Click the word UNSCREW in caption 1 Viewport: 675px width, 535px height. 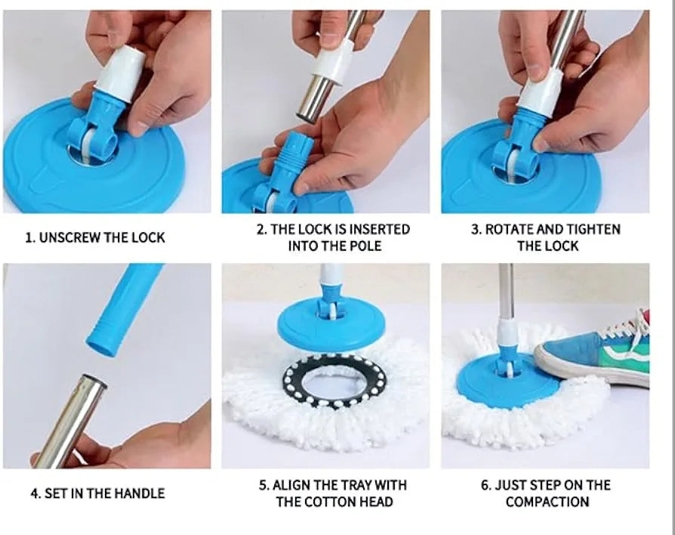coord(69,237)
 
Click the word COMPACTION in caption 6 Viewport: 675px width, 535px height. coord(547,502)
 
